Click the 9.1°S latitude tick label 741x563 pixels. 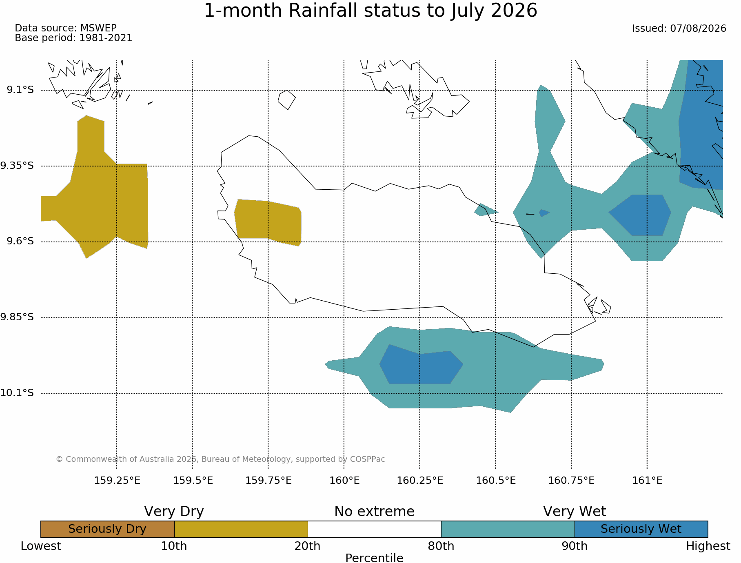click(20, 90)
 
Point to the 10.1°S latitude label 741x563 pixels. click(17, 393)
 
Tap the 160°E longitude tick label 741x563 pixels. click(344, 481)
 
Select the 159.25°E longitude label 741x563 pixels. click(117, 481)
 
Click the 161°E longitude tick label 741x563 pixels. click(647, 481)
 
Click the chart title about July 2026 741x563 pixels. click(370, 11)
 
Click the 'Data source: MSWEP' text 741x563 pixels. click(66, 28)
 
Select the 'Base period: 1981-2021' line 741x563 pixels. click(73, 38)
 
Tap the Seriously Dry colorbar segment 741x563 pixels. click(108, 529)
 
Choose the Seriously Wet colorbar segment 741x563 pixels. click(641, 529)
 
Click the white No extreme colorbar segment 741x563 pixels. click(375, 529)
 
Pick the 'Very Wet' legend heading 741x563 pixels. click(575, 512)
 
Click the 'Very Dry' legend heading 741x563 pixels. click(174, 512)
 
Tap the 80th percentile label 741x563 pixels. click(441, 546)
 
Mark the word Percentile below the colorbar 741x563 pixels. click(374, 558)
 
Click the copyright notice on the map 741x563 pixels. click(220, 459)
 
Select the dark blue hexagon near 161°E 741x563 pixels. click(640, 215)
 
